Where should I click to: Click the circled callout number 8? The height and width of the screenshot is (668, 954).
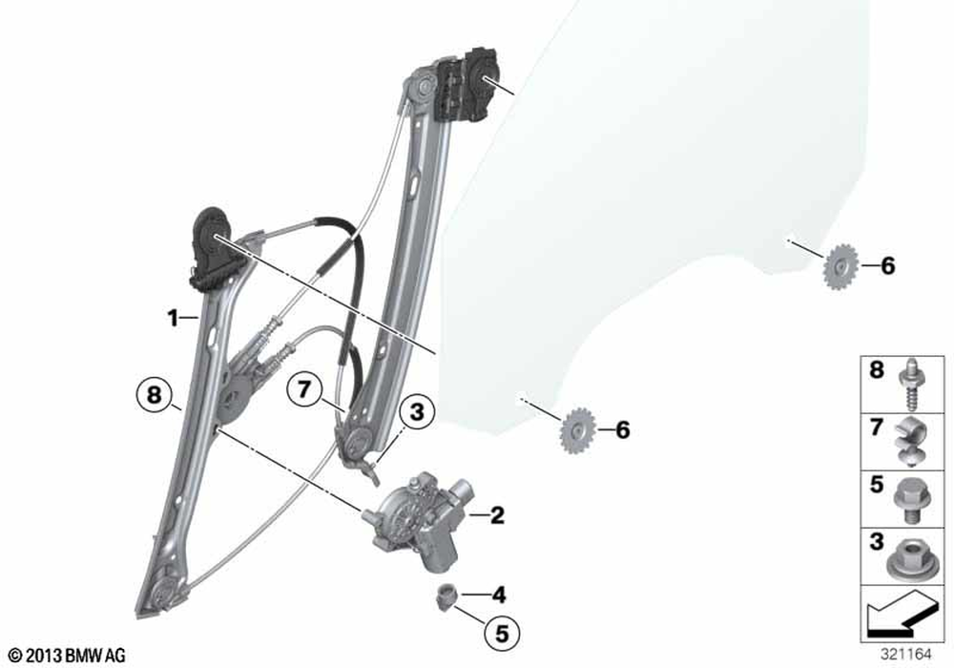click(x=155, y=395)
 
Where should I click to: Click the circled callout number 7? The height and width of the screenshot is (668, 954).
click(x=304, y=388)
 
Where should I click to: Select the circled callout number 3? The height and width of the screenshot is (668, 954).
click(x=417, y=412)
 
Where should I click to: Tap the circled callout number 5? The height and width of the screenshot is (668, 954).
click(x=502, y=634)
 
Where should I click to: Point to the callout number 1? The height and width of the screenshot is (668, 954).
click(x=174, y=318)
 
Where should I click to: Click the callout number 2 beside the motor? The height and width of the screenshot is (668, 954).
click(x=497, y=515)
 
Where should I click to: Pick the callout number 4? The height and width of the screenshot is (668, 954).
click(x=498, y=594)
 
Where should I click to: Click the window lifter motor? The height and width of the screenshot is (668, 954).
click(x=417, y=520)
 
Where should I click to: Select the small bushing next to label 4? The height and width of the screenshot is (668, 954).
click(x=446, y=594)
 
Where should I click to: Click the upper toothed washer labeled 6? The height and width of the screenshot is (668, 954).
click(x=840, y=266)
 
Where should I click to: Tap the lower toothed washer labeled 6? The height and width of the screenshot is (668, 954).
click(x=575, y=430)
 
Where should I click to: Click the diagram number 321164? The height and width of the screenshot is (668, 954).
click(x=906, y=654)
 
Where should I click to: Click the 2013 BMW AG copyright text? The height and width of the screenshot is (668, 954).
click(x=68, y=656)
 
